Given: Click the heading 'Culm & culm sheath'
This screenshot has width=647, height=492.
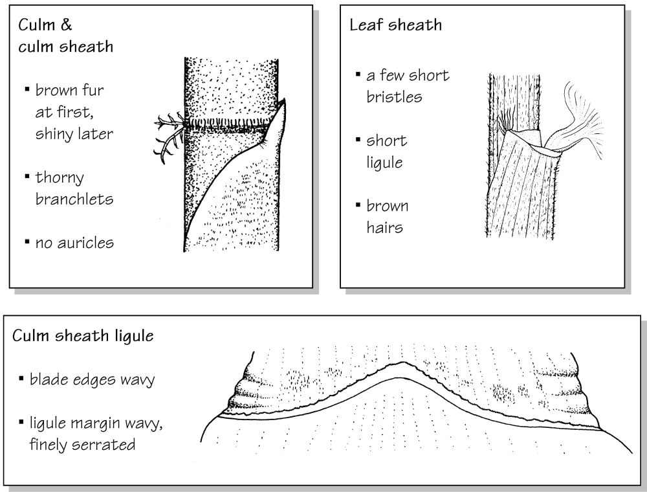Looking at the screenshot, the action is click(x=65, y=36).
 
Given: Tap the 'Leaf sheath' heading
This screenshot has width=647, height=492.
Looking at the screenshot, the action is click(x=396, y=25).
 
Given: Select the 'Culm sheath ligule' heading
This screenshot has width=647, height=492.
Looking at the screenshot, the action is click(x=83, y=335).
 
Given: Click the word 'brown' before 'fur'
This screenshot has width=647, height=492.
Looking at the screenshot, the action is click(x=56, y=90).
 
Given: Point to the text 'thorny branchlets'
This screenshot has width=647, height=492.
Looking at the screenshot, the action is click(x=74, y=188).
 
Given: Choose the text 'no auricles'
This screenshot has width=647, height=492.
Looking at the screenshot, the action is click(x=74, y=243).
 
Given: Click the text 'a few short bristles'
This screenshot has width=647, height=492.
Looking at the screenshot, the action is click(x=408, y=86).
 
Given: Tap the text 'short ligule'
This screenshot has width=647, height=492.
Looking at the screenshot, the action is click(x=387, y=151).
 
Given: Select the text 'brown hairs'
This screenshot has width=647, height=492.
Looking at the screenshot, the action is click(x=388, y=217).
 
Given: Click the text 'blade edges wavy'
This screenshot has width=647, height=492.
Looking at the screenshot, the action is click(x=92, y=379).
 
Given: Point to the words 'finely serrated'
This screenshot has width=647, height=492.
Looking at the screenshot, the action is click(x=82, y=445).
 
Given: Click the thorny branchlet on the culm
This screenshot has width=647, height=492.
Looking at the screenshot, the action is click(x=169, y=134).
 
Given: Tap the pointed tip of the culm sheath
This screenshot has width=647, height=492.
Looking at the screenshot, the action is click(x=283, y=100).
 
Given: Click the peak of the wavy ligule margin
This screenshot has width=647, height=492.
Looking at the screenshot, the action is click(x=402, y=363).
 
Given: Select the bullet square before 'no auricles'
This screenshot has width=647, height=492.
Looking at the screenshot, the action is click(x=27, y=241).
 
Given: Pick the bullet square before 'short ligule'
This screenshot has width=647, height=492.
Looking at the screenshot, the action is click(x=358, y=139).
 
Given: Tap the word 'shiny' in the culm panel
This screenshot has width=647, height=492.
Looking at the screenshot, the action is click(x=52, y=134).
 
